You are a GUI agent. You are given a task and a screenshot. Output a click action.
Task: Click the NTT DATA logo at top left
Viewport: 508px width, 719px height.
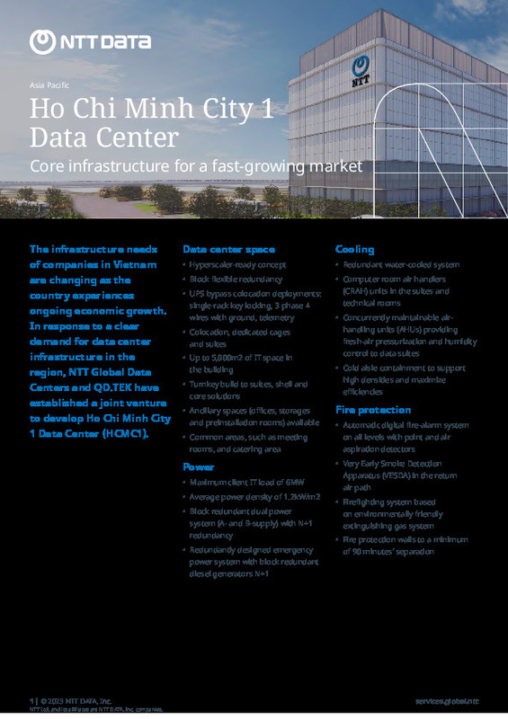tap(77, 40)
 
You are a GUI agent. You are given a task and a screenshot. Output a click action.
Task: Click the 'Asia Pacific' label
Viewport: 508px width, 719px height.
tap(49, 85)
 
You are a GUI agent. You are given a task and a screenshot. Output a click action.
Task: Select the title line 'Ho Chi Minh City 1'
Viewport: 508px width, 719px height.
tap(150, 111)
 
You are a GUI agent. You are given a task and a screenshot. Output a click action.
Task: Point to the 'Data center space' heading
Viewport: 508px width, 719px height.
tap(228, 249)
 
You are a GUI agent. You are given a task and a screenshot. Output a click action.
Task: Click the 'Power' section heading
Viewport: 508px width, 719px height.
tap(198, 467)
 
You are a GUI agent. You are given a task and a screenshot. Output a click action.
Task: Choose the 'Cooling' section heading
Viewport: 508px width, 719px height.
tap(354, 249)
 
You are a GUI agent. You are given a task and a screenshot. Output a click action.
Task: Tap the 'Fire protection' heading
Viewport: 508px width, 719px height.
tap(372, 409)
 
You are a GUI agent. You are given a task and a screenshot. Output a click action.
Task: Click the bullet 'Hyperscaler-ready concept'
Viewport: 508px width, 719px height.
tap(237, 265)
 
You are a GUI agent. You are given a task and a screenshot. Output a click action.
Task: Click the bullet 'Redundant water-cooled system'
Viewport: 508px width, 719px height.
tap(400, 265)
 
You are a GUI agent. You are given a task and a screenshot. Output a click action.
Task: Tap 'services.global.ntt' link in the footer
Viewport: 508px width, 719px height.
tap(447, 699)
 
